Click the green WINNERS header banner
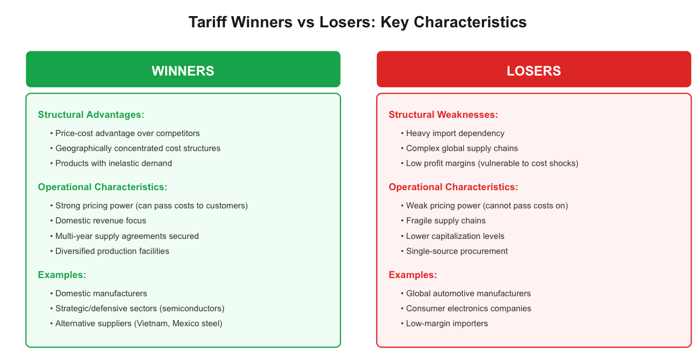[183, 69]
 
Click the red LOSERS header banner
[533, 69]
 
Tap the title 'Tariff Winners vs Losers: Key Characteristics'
[358, 22]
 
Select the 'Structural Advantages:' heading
[91, 115]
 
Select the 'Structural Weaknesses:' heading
[443, 115]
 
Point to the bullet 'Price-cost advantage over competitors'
[125, 133]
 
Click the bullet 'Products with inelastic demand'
[111, 163]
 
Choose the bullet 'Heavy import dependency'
[452, 133]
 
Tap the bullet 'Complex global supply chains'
[459, 148]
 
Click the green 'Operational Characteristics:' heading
[103, 187]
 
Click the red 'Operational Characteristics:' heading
[453, 187]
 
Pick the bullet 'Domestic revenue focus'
[98, 221]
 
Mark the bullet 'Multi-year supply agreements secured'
[124, 236]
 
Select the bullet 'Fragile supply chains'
[443, 221]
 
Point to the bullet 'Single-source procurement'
[454, 251]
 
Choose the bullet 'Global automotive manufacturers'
[466, 294]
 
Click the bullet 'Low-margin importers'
[444, 324]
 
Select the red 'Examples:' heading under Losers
[413, 275]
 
